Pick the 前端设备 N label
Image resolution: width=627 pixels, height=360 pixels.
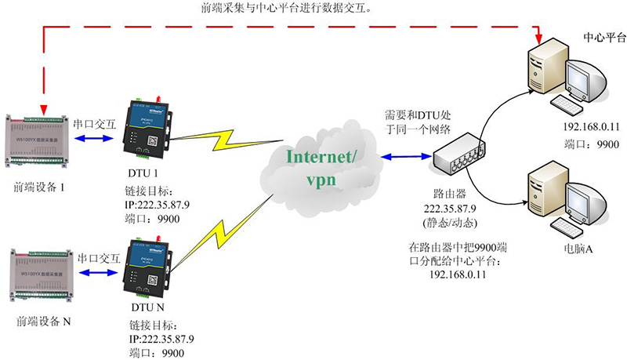[45, 322]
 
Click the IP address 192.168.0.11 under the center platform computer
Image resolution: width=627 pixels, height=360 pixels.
[589, 127]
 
